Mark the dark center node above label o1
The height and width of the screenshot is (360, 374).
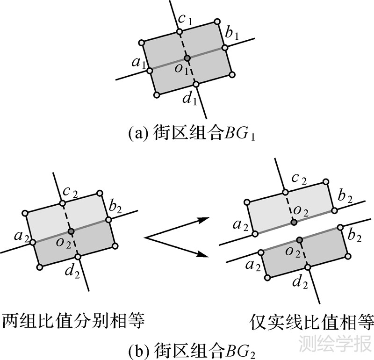187,58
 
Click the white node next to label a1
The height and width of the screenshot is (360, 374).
150,71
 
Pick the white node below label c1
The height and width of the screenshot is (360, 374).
179,32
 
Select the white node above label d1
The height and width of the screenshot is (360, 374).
196,84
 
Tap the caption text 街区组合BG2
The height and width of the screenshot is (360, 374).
192,349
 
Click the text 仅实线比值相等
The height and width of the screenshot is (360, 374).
311,322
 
